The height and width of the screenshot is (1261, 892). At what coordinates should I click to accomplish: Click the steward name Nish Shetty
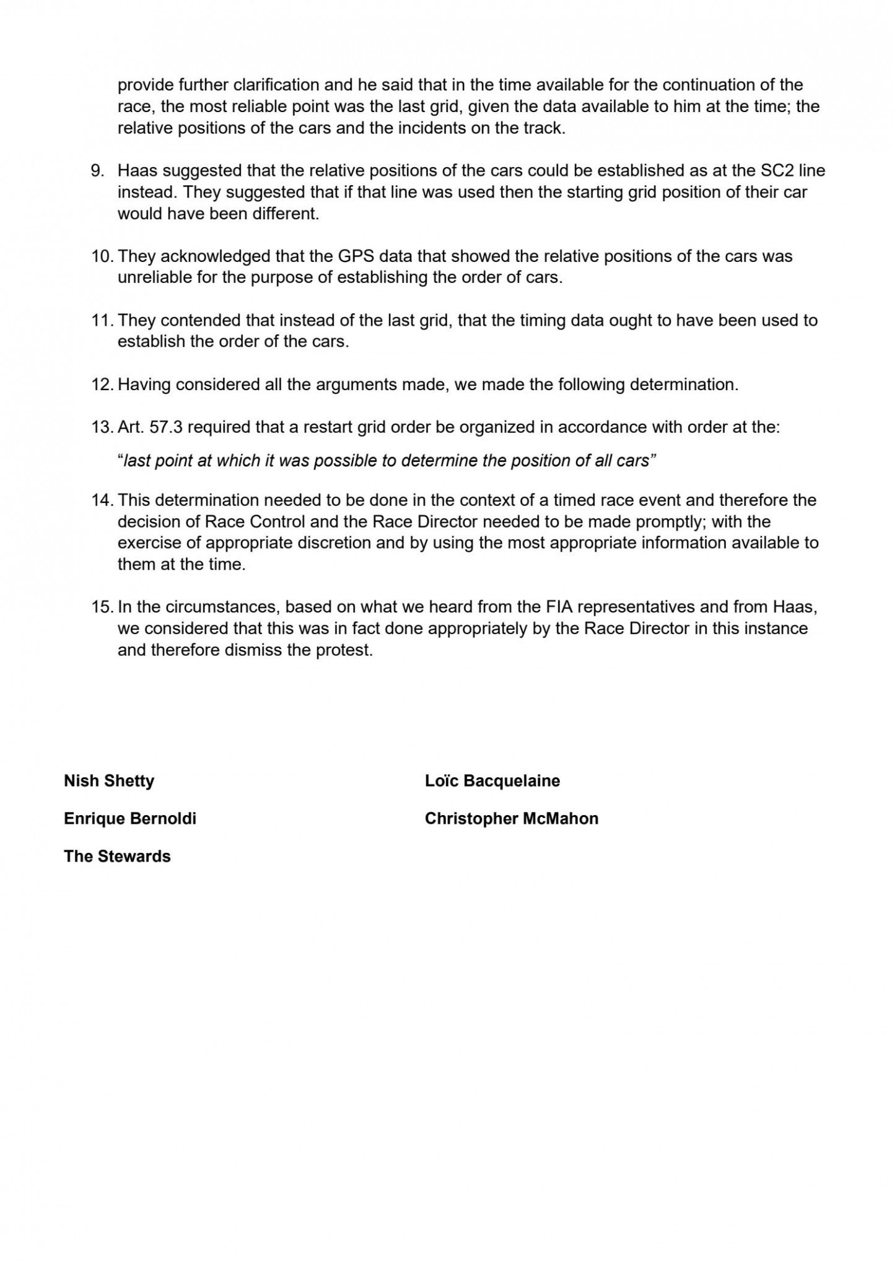(x=108, y=780)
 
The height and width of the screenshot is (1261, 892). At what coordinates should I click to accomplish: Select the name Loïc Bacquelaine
(x=492, y=780)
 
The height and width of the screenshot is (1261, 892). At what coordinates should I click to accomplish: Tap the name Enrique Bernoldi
(x=129, y=818)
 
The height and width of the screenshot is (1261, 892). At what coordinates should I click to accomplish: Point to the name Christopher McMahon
(x=511, y=818)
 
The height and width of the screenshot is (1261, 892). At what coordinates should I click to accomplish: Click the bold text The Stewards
(x=117, y=856)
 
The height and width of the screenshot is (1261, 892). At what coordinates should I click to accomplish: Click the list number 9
(x=98, y=170)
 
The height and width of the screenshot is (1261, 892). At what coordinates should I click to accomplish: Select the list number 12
(x=100, y=385)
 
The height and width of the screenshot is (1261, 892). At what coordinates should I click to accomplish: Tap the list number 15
(x=100, y=607)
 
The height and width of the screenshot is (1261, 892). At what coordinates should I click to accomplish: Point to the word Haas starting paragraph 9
(x=138, y=170)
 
